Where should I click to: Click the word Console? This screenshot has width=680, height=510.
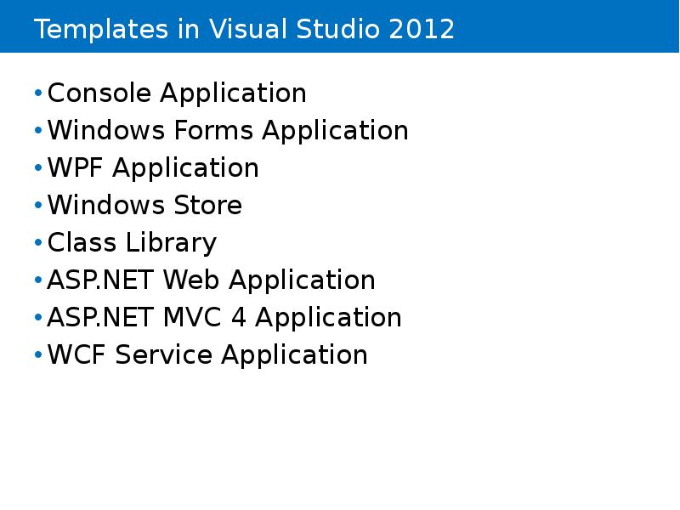(x=99, y=93)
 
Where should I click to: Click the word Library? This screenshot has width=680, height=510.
(x=171, y=244)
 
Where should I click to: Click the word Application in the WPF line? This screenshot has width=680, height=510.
(x=185, y=169)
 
